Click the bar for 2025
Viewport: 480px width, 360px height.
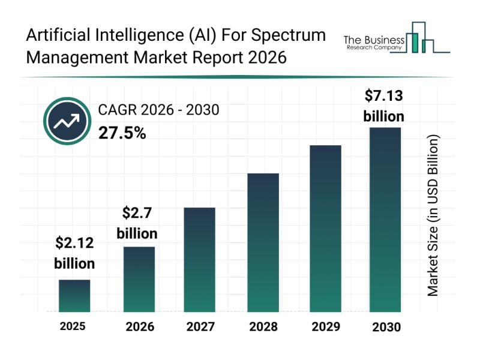[74, 296]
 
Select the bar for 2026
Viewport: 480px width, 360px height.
[139, 280]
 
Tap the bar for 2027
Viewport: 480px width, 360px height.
[199, 260]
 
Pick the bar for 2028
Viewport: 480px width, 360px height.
[263, 242]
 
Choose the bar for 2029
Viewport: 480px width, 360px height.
[325, 229]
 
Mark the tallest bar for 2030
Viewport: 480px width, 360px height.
[385, 220]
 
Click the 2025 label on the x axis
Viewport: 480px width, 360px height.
[73, 326]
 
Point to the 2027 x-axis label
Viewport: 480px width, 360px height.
[199, 327]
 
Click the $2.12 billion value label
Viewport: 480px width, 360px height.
[74, 253]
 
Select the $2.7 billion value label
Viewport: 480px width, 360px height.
[137, 223]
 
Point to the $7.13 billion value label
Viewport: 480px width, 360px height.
[384, 105]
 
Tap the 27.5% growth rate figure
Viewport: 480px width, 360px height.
[122, 133]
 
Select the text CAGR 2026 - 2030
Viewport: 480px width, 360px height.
[158, 110]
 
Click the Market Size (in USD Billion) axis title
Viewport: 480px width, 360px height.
[433, 215]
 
